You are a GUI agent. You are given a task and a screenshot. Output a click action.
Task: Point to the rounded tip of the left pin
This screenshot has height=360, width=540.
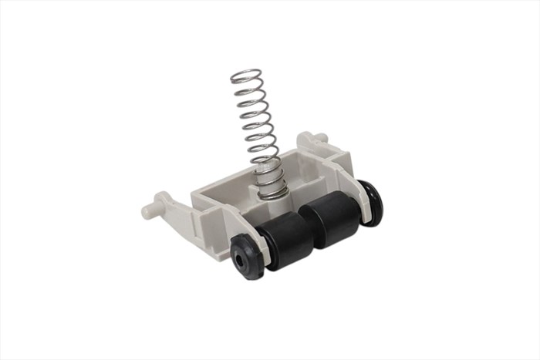(147, 209)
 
